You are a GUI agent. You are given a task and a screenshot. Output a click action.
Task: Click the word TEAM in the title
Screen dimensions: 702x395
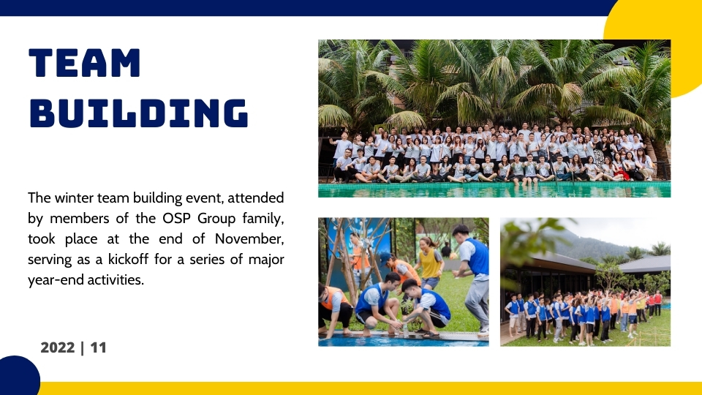tap(85, 63)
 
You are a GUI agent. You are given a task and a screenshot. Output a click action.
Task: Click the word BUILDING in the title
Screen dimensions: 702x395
tap(138, 113)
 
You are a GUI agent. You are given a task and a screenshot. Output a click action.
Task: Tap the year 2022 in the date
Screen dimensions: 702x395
tap(57, 347)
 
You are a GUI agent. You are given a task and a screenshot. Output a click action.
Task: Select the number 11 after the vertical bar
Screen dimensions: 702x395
tap(98, 347)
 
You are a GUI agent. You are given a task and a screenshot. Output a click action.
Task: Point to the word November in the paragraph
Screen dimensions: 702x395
tap(249, 238)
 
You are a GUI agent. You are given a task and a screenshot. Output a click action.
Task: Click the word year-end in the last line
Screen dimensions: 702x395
tap(55, 280)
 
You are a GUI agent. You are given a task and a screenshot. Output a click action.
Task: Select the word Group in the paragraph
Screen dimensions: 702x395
tap(216, 219)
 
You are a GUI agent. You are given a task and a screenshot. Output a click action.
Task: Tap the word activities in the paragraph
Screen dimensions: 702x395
tap(116, 280)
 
